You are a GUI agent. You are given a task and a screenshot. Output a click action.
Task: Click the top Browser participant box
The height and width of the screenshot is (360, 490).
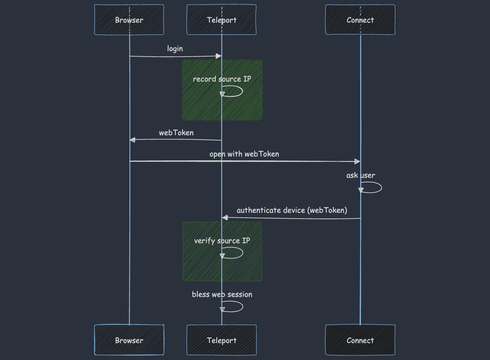[129, 20]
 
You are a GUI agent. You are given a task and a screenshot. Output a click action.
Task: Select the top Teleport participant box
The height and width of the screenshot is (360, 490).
[221, 20]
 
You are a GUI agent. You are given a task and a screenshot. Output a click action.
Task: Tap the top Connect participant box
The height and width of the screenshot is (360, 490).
[360, 20]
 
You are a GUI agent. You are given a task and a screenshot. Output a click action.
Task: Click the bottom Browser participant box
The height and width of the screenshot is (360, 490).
[129, 340]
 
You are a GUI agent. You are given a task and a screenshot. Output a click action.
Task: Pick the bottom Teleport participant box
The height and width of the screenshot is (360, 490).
[221, 340]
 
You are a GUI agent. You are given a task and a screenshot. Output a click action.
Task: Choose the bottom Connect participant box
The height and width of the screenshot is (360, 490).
[360, 340]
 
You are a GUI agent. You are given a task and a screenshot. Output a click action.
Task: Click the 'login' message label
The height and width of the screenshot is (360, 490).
[175, 49]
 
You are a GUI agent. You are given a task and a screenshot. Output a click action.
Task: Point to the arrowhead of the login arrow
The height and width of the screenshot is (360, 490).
[218, 56]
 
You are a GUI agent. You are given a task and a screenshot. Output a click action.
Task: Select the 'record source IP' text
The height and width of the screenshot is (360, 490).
[222, 79]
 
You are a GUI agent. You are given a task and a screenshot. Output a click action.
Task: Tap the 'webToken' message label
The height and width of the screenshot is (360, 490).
[176, 133]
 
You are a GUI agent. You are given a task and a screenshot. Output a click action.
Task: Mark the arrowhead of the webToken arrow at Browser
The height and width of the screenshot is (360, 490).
[133, 140]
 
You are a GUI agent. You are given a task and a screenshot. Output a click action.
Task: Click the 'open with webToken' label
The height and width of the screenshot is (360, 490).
[244, 154]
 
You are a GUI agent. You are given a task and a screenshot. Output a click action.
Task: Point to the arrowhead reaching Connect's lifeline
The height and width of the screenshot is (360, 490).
[357, 161]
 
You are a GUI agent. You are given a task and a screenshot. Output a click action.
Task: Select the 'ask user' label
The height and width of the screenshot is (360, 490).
[361, 175]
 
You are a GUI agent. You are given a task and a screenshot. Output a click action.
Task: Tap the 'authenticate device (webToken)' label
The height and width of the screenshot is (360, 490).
[292, 210]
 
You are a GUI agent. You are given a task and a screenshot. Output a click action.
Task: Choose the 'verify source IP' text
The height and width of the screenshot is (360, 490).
[222, 241]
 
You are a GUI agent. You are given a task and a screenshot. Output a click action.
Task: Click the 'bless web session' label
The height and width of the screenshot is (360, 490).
[222, 294]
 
